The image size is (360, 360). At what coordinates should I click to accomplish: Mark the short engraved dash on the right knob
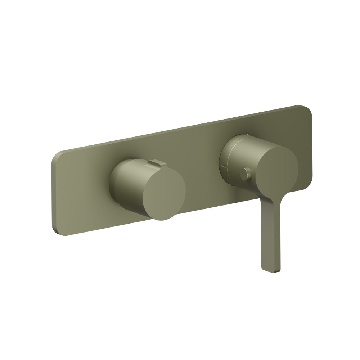224,166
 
